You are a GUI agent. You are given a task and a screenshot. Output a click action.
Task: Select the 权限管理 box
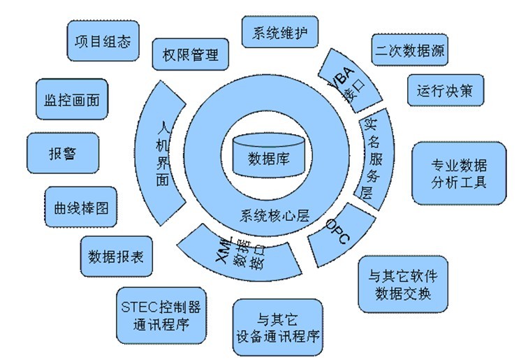coord(190,55)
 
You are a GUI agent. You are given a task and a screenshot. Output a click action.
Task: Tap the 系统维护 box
coord(280,32)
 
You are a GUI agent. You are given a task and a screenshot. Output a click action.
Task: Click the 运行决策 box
coord(445,90)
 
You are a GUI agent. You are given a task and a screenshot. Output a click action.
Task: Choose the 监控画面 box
coord(67,99)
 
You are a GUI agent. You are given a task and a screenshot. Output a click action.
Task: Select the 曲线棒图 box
coord(80,207)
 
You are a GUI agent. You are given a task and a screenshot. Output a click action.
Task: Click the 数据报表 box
coord(116,256)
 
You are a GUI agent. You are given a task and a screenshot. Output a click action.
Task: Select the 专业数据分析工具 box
coord(459,173)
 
